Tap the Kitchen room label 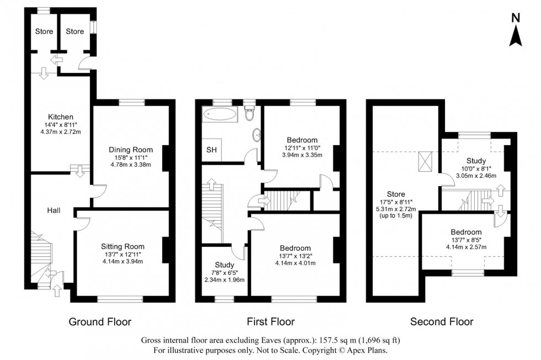61,117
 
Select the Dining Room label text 131,150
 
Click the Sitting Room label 123,246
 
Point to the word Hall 54,210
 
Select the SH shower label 211,150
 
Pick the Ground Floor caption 99,321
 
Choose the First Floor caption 271,321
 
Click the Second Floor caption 442,321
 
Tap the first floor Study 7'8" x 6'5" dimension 224,272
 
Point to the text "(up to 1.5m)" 396,217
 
